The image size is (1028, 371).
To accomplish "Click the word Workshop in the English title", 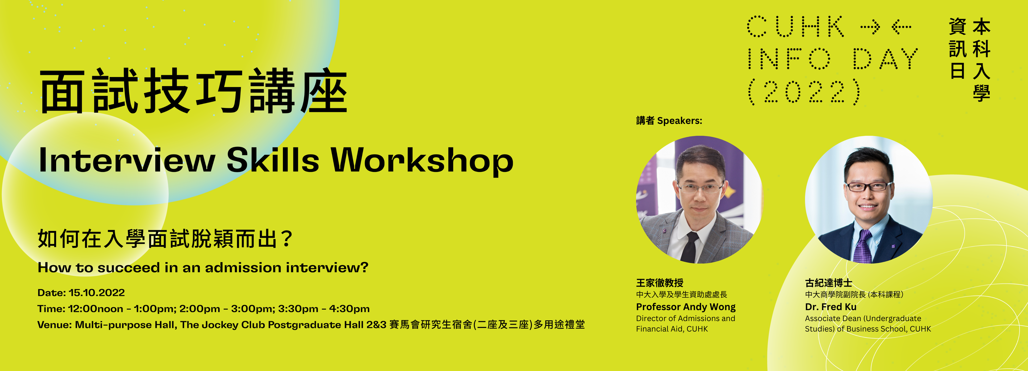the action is tap(422, 161).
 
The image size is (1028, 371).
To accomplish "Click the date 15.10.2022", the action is tap(97, 293).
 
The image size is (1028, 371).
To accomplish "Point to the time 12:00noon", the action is tap(96, 309).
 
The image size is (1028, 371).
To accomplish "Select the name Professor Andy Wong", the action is tap(686, 307).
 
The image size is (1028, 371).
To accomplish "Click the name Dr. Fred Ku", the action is tap(830, 307).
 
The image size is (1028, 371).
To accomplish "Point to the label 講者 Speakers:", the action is tap(669, 121).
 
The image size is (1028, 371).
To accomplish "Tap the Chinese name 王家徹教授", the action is tap(660, 283).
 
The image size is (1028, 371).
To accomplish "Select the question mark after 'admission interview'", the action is tap(364, 267).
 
